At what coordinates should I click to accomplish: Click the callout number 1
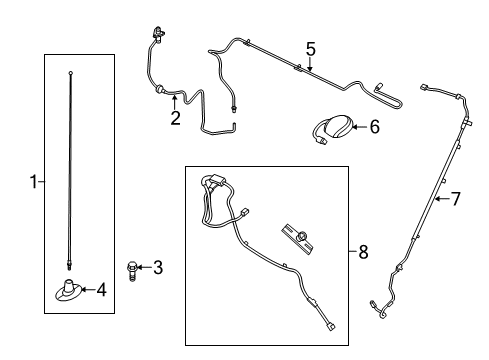(x=33, y=182)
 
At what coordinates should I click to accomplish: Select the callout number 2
(x=175, y=118)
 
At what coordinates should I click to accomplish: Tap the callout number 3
(x=157, y=267)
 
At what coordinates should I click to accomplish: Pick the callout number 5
(x=310, y=48)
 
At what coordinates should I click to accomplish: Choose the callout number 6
(x=375, y=127)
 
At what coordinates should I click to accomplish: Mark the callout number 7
(x=455, y=199)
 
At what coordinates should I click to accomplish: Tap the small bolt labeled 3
(x=133, y=267)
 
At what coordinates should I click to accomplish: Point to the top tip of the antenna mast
(x=71, y=72)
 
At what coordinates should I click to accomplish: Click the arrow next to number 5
(x=310, y=65)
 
